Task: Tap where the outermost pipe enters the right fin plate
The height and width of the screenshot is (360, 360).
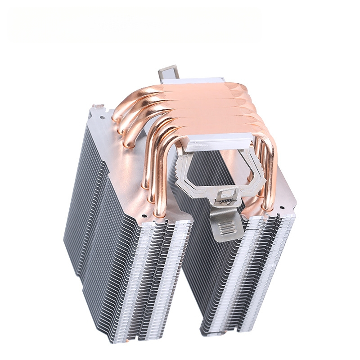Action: tap(270, 208)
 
